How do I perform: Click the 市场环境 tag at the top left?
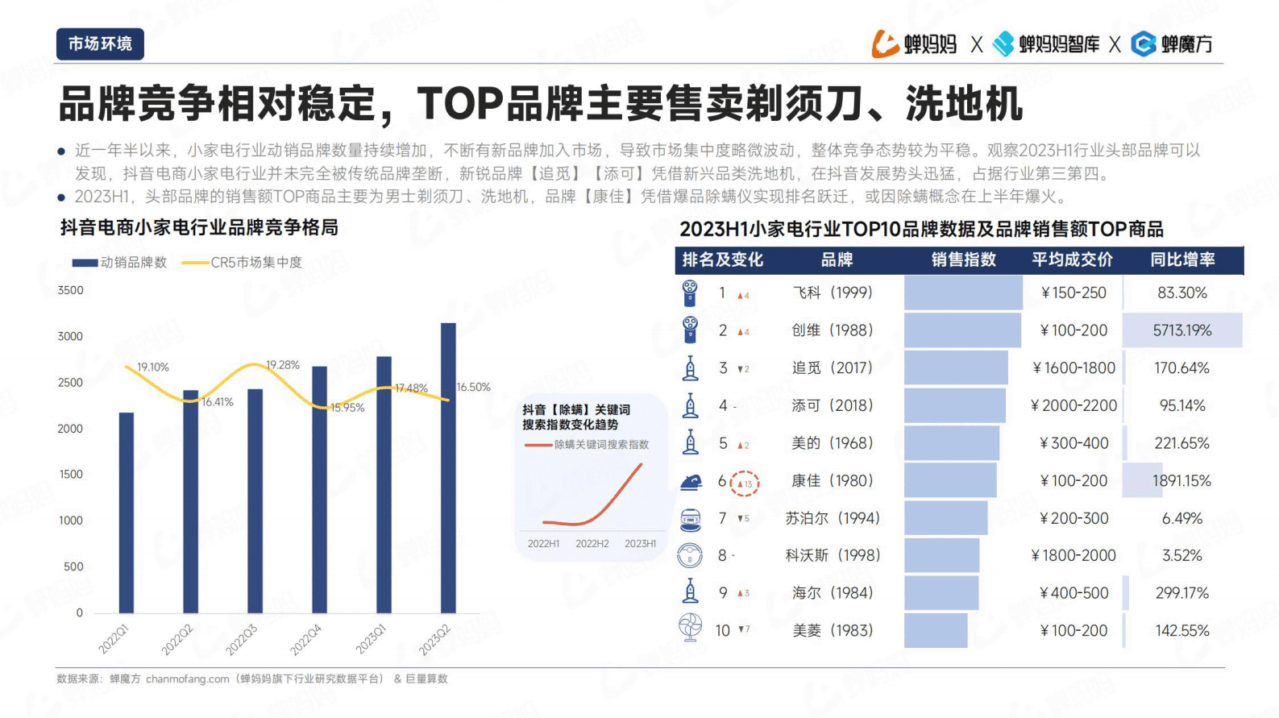100,44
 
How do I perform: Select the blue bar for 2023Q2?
448,467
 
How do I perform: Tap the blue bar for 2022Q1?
127,513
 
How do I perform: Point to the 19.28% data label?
283,365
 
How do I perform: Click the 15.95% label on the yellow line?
347,408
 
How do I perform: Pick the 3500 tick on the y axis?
70,290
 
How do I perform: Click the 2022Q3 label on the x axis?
240,639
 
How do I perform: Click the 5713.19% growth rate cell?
1181,330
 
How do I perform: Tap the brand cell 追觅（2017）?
833,368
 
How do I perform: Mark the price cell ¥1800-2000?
1073,555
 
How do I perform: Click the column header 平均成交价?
1072,259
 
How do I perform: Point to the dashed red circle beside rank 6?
745,484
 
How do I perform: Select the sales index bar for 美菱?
935,630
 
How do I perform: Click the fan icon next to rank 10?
690,628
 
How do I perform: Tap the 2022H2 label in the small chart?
592,544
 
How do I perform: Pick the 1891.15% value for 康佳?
1181,481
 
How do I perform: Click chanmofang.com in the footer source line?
187,679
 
